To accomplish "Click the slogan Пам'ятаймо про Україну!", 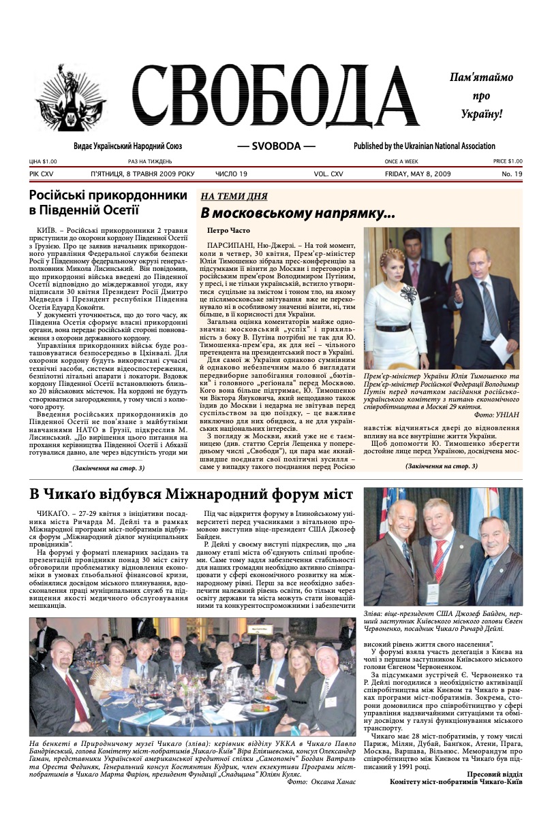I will coord(480,95).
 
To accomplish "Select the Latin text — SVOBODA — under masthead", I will coord(276,146).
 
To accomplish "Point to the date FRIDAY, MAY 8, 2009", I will coord(417,174).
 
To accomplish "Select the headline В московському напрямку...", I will coord(297,213).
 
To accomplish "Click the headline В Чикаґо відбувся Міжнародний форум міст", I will coord(191,493).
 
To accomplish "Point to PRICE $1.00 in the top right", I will coord(507,161).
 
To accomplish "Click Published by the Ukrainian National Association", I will coord(424,146).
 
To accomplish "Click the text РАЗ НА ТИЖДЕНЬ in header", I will coord(150,161).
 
